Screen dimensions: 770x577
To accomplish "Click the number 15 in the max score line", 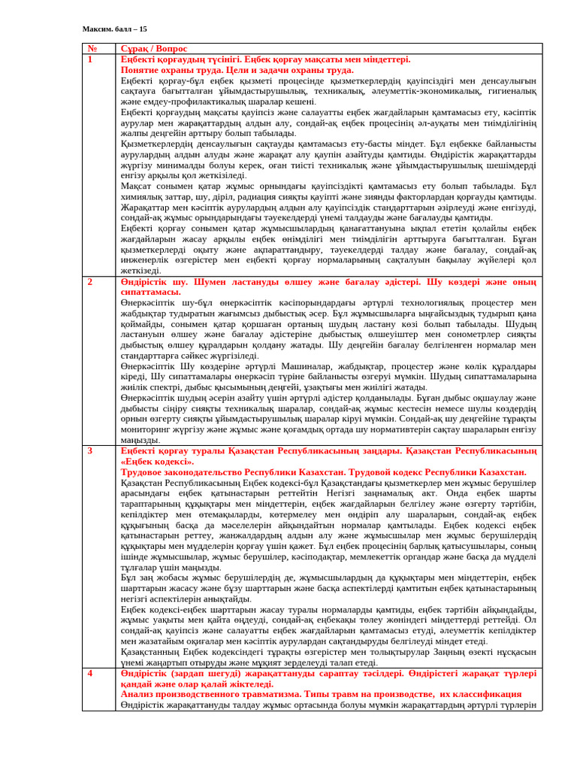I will (x=143, y=29).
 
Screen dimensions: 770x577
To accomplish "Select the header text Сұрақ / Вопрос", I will (x=154, y=48).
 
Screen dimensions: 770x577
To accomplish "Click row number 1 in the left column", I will (x=89, y=59).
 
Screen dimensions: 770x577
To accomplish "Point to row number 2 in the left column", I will (x=89, y=281).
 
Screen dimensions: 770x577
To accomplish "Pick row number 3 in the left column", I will (x=89, y=450).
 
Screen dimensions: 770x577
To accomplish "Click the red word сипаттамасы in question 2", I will (x=150, y=292).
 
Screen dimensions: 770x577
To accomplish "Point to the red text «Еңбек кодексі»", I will (x=157, y=461).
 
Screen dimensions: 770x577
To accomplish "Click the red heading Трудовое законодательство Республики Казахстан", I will (x=323, y=471).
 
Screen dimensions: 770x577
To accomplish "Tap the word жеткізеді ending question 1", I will (x=140, y=271).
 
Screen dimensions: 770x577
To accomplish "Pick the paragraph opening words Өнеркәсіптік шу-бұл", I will (x=162, y=302).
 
